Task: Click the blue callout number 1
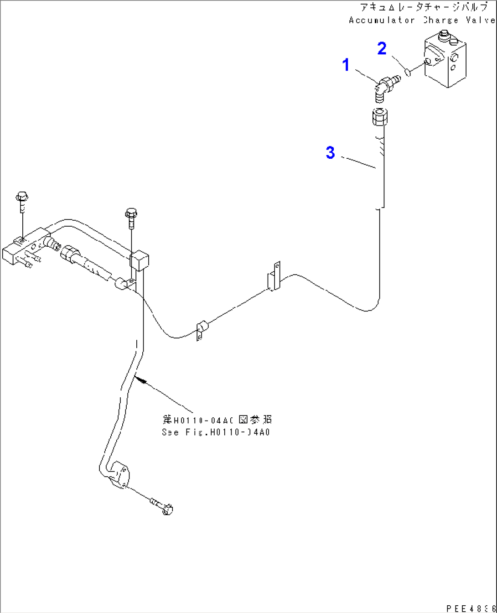(346, 65)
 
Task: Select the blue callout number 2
(382, 48)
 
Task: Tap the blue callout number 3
(330, 152)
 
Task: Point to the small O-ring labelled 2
(409, 71)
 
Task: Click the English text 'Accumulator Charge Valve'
(422, 20)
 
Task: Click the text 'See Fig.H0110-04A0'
(216, 432)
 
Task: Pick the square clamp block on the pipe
(140, 261)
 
